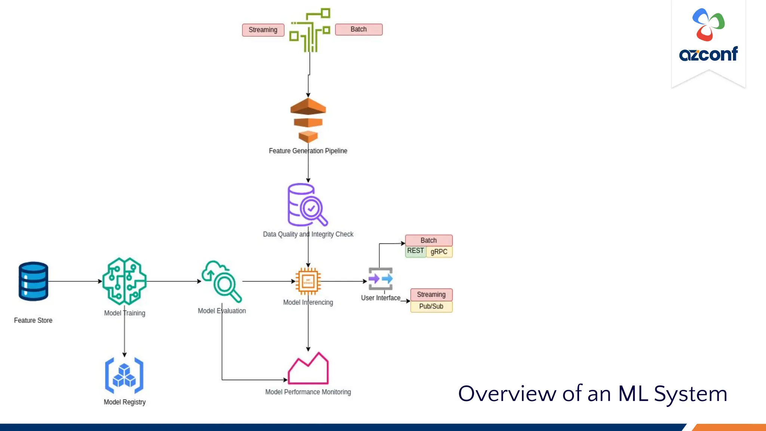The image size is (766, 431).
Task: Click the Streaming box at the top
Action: coord(263,30)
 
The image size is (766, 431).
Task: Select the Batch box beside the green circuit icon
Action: coord(358,29)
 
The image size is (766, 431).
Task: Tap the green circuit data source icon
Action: coord(310,30)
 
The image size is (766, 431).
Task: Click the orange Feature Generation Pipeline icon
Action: coord(308,120)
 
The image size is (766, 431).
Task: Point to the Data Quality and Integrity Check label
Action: coord(308,234)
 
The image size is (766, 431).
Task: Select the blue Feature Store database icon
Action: coord(33,281)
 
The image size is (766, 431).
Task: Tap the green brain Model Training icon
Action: coord(125,281)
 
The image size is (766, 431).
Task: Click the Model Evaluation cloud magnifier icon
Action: coord(221,281)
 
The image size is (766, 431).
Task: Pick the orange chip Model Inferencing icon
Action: coord(308,281)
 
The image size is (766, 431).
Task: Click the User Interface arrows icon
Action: coord(380,279)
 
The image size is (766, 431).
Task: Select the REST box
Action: coord(415,251)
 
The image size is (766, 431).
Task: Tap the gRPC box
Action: coord(439,252)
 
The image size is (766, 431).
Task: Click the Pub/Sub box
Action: coord(431,306)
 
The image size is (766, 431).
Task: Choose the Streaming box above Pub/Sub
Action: coord(431,294)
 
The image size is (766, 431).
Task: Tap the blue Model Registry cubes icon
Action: coord(124,375)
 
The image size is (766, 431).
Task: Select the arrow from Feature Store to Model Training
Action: coord(75,281)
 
